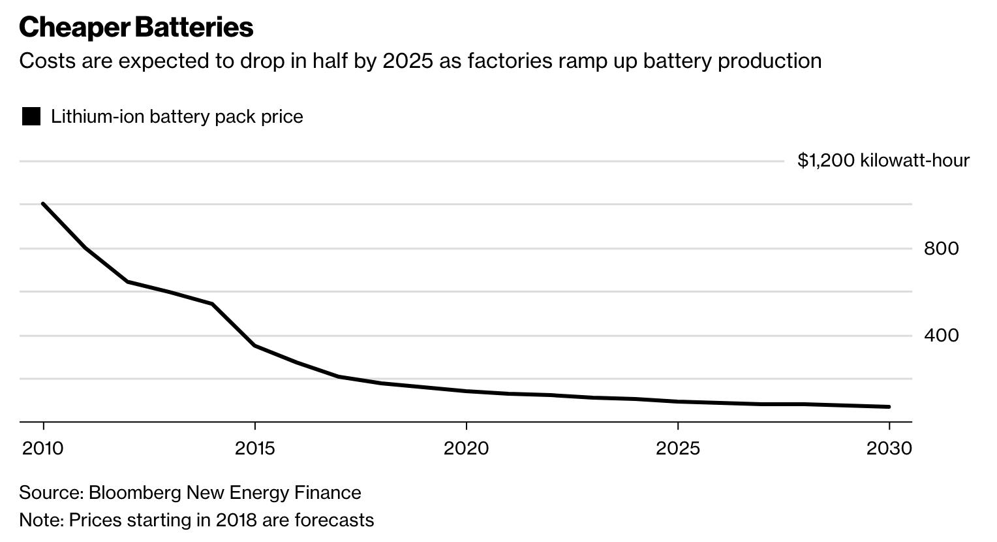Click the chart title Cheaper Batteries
coord(136,27)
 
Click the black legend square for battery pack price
coord(31,117)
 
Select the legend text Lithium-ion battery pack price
coord(177,117)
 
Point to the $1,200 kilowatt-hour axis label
coord(883,160)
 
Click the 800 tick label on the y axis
coord(941,248)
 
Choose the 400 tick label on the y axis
coord(941,336)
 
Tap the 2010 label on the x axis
coord(43,449)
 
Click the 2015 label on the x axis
coord(254,449)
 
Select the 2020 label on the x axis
coord(466,449)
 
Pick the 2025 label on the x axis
coord(678,449)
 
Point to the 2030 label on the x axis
coord(889,449)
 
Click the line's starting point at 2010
coord(43,204)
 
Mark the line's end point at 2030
coord(889,407)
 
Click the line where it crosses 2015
coord(254,345)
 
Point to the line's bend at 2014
coord(213,304)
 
